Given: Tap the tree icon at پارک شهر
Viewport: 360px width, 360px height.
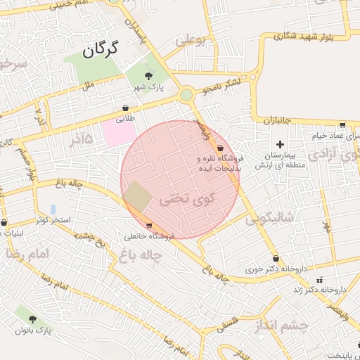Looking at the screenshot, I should pyautogui.click(x=148, y=76).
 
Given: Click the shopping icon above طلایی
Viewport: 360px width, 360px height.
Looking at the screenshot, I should pyautogui.click(x=126, y=108).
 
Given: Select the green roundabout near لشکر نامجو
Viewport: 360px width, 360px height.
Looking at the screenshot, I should pyautogui.click(x=186, y=94).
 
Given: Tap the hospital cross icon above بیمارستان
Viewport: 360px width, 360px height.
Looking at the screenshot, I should pyautogui.click(x=280, y=143).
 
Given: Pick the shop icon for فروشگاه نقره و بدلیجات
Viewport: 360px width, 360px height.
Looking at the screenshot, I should pyautogui.click(x=221, y=148).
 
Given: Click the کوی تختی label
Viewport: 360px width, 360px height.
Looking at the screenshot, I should pyautogui.click(x=184, y=199).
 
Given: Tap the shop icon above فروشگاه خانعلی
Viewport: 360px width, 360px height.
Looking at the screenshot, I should pyautogui.click(x=148, y=226).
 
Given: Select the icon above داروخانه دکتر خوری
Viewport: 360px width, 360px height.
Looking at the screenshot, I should pyautogui.click(x=275, y=258).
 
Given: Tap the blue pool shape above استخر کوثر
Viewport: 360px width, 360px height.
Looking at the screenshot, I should pyautogui.click(x=53, y=210).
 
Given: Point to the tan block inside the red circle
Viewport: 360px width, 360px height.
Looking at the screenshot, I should pyautogui.click(x=138, y=196).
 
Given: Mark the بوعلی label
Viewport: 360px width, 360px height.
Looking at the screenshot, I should pyautogui.click(x=190, y=41).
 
